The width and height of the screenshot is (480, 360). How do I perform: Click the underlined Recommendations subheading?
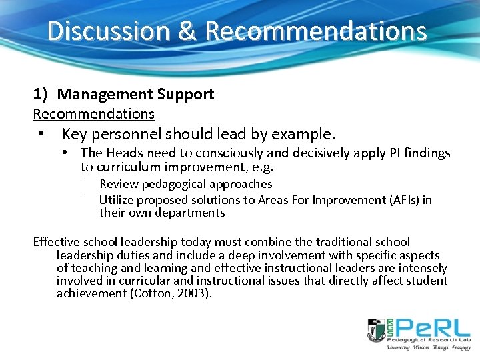(93, 114)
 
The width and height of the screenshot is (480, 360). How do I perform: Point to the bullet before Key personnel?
(41, 134)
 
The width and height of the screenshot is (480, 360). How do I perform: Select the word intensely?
(421, 268)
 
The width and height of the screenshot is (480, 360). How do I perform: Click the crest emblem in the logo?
(375, 330)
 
